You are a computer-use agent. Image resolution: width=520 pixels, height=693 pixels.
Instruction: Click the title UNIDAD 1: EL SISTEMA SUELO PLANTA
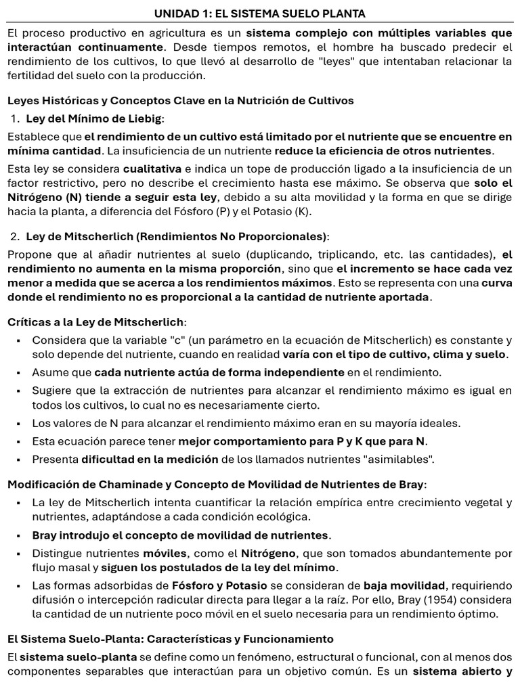260,14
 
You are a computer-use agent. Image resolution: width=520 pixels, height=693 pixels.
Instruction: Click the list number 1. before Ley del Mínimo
16,119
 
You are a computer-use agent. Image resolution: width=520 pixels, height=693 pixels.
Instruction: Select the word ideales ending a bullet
439,423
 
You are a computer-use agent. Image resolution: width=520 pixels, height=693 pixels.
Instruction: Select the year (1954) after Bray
377,600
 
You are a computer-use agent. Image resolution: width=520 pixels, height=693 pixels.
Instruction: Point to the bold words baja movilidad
404,585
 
